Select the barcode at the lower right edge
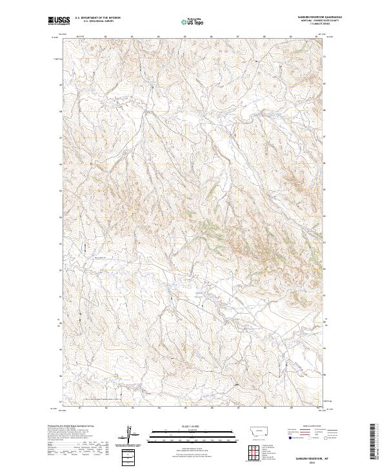tap(373, 442)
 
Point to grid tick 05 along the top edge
tap(158, 36)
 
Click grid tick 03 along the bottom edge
tap(132, 408)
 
